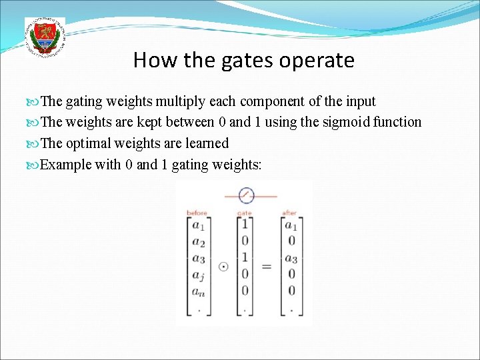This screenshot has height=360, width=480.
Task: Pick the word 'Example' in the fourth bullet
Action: click(66, 164)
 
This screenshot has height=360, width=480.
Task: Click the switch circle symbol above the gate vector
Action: click(246, 195)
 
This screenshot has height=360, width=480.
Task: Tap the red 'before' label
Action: click(197, 213)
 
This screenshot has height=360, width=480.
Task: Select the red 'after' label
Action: click(289, 213)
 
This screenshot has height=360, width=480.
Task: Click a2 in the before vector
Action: click(198, 241)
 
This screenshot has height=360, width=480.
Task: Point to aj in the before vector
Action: click(198, 274)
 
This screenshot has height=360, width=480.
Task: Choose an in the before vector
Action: click(198, 290)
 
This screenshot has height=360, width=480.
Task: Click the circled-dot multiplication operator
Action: click(223, 266)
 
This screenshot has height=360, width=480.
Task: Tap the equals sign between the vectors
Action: click(267, 267)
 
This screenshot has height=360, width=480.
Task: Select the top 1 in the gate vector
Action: click(245, 225)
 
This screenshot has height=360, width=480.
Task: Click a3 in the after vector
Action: click(291, 257)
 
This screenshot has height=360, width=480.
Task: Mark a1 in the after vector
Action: click(291, 225)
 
